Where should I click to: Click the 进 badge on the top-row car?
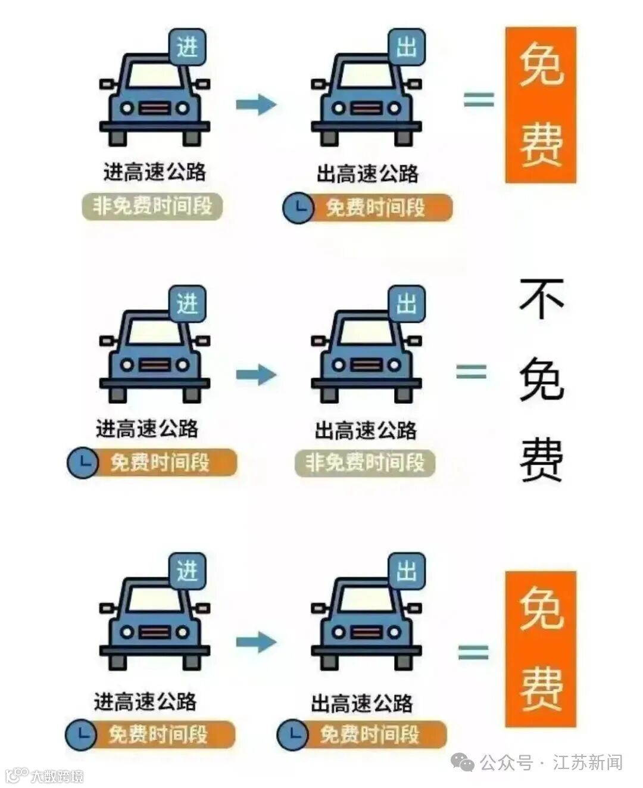[187, 46]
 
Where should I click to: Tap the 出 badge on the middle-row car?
[407, 304]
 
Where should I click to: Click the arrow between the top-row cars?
[256, 105]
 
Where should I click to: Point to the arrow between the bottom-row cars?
[256, 642]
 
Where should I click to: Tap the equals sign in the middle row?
[472, 372]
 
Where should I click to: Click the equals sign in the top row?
[479, 99]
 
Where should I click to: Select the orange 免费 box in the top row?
[541, 105]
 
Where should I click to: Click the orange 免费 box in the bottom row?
[541, 649]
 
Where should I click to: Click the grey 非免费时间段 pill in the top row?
[152, 207]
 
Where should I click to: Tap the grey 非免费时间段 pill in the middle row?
[365, 463]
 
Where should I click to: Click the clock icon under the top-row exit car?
[298, 208]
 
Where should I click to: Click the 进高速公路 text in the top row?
[155, 172]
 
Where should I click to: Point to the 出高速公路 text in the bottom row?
[361, 703]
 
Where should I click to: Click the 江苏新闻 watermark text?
[588, 762]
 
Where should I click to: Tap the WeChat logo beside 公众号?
[463, 762]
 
